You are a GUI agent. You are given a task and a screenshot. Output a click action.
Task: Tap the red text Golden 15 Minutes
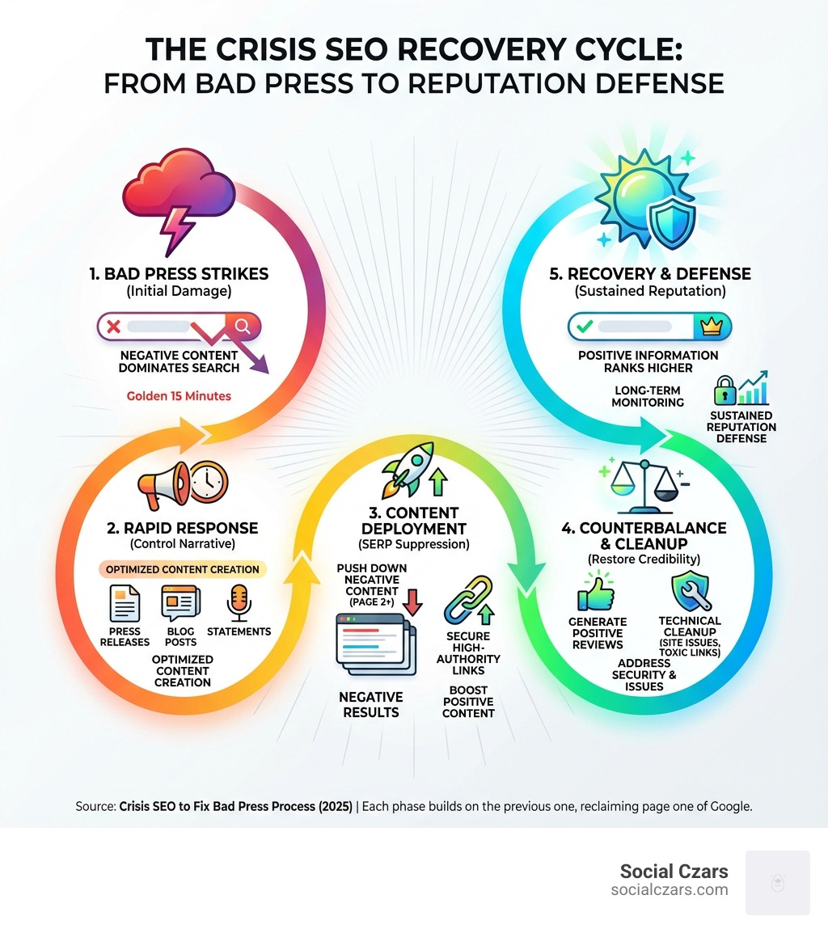[179, 397]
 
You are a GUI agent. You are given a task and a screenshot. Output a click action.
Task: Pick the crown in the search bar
[712, 327]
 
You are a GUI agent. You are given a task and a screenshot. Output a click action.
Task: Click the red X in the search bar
[113, 326]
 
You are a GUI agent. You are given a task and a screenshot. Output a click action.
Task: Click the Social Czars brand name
[674, 872]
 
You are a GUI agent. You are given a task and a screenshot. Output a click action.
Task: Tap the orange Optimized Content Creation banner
[182, 569]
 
